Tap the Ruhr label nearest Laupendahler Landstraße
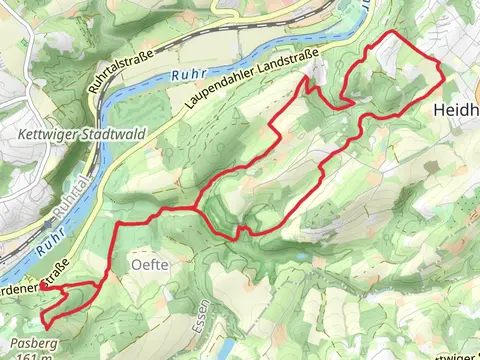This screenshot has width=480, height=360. [187, 74]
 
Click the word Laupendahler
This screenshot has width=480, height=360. [221, 92]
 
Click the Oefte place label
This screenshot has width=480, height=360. [146, 265]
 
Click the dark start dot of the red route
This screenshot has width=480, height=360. [43, 286]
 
